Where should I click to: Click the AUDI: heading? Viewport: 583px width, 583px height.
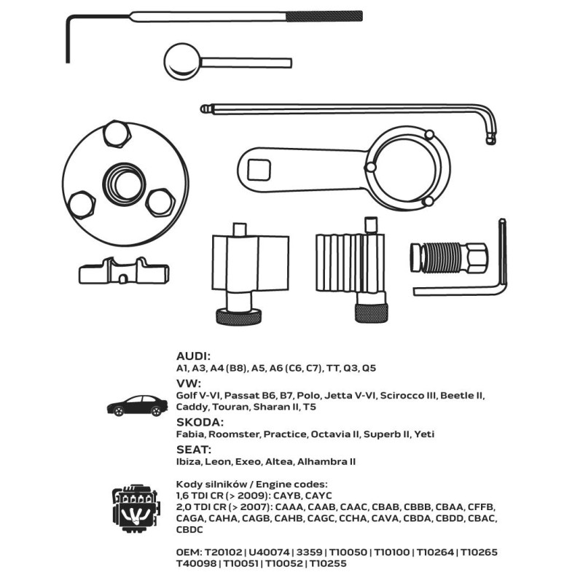193,356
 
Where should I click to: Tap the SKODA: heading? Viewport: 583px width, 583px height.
200,421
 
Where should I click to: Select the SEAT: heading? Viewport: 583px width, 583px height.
193,449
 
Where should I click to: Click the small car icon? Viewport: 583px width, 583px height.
136,405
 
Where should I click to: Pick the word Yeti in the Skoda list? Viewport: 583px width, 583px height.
423,434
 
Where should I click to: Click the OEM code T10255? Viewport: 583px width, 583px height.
328,563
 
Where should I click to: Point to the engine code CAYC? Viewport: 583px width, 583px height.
317,495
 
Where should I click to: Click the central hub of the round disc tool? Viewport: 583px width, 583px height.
117,179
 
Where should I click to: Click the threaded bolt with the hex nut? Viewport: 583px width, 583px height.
447,257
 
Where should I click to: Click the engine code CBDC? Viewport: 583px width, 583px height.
189,529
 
